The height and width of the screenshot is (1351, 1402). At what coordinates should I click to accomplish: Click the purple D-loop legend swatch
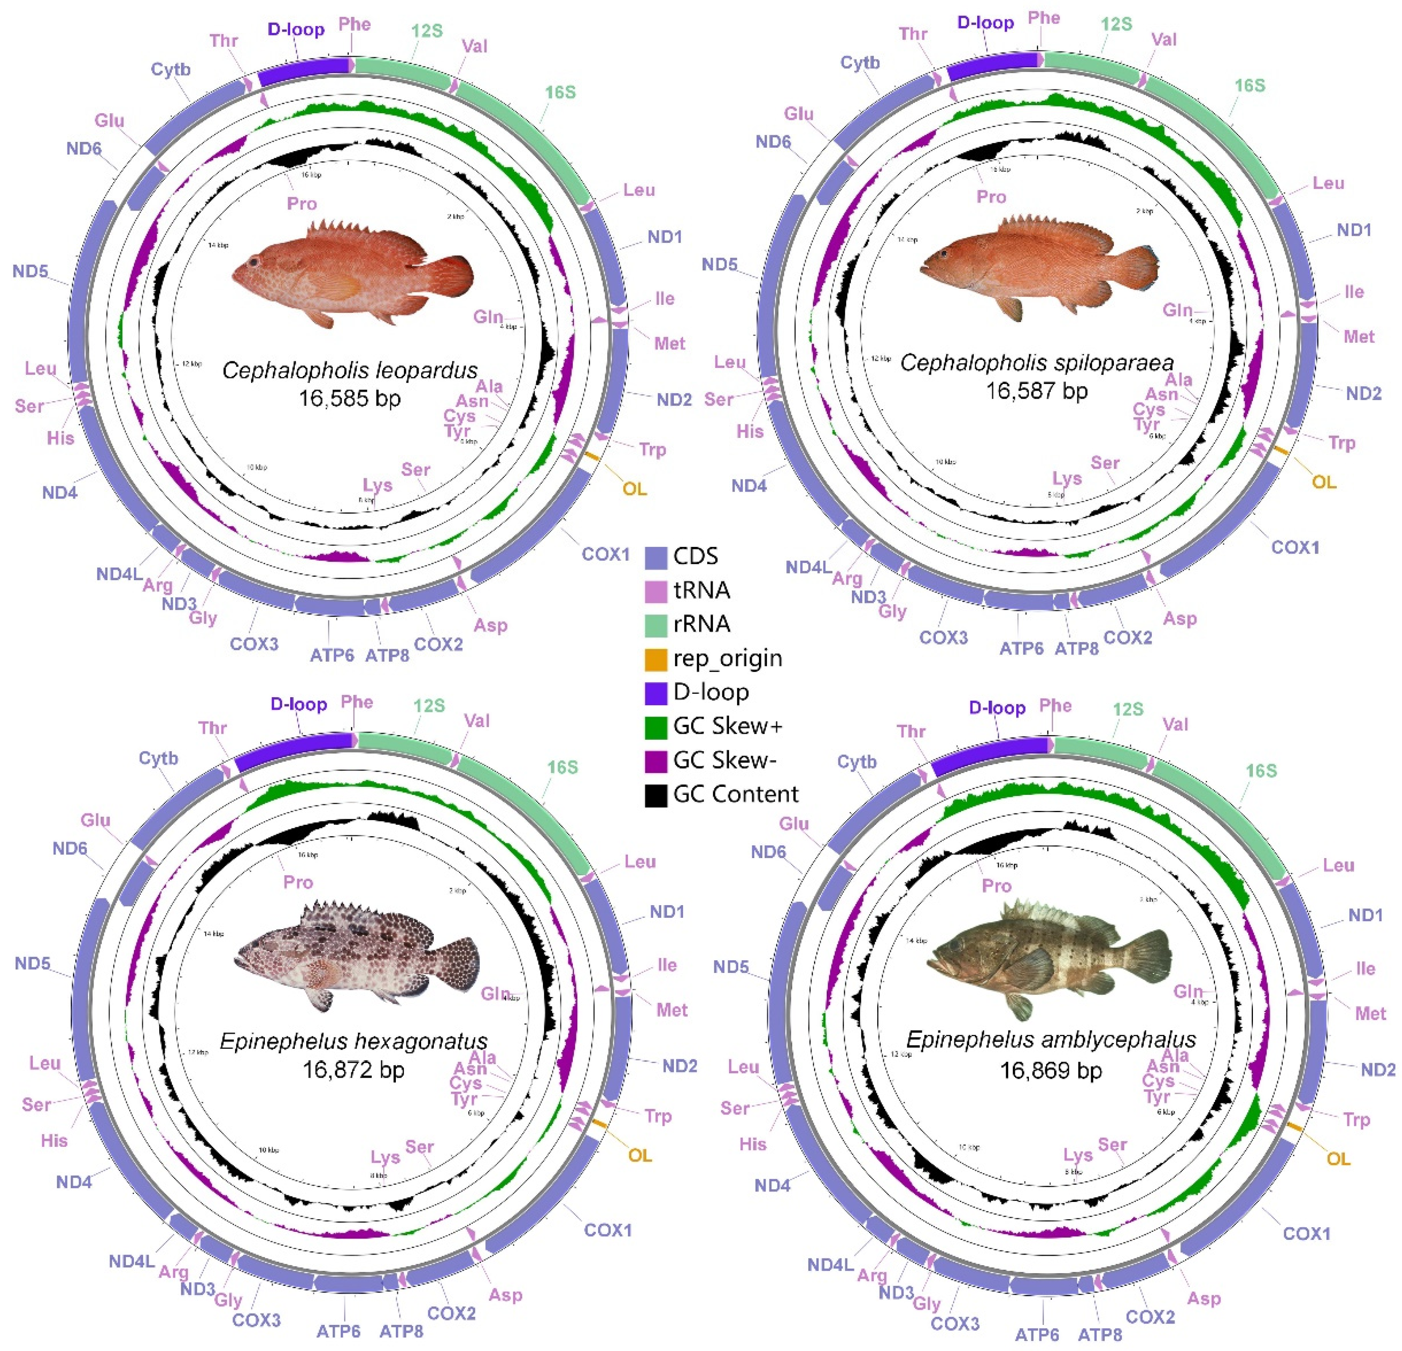pos(655,692)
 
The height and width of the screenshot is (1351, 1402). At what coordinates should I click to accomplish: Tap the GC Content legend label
pos(735,794)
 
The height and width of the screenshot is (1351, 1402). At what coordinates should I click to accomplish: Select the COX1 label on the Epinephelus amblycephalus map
pos(1306,1233)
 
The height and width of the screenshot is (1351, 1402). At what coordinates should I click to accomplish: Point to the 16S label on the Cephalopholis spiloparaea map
pos(1250,86)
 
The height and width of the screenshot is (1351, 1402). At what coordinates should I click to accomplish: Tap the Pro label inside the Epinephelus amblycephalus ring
pos(996,886)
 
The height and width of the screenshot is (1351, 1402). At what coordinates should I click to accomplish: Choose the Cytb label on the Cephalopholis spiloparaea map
pos(860,63)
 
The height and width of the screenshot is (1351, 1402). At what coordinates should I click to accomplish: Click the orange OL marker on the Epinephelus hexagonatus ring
pos(599,1126)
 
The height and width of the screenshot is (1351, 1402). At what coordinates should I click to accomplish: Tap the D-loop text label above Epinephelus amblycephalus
pos(997,708)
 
